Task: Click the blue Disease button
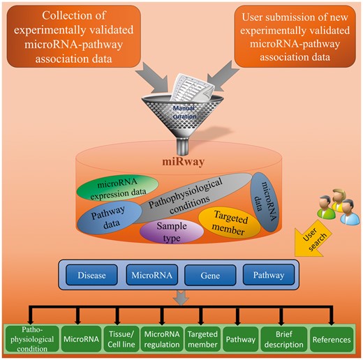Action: (x=92, y=275)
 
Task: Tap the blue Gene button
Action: (x=206, y=275)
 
